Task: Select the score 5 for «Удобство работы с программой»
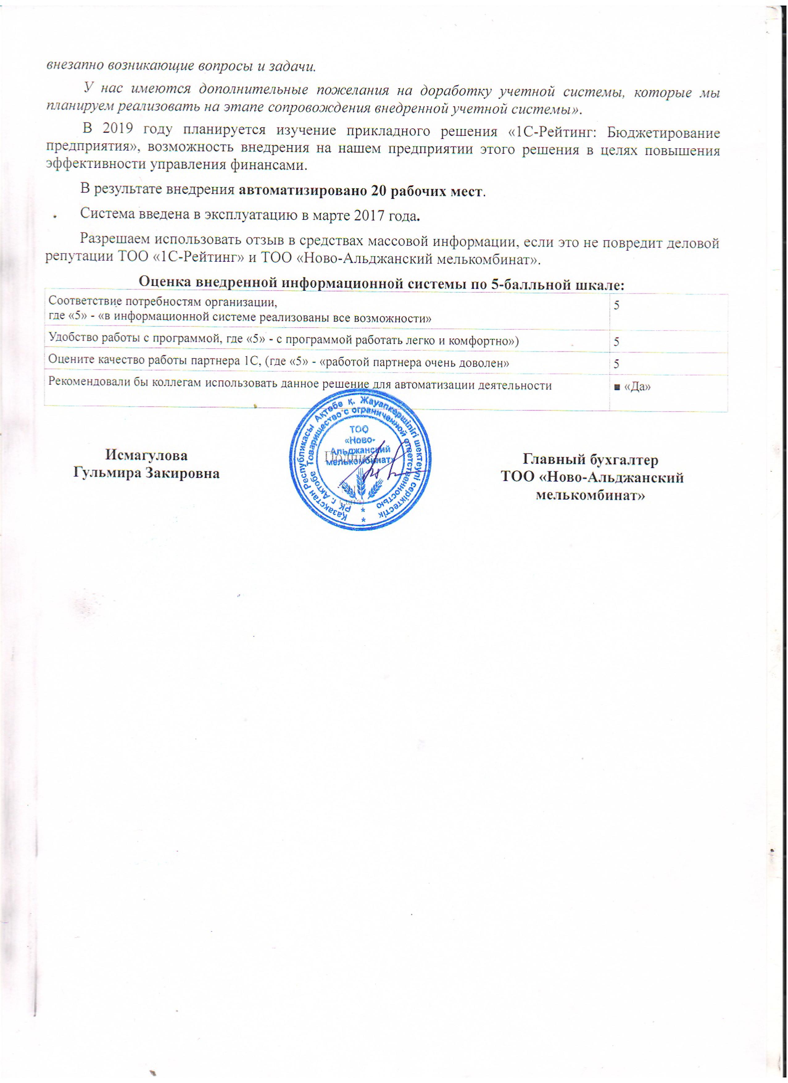coord(617,342)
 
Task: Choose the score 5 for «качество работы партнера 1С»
coord(617,364)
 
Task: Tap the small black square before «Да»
coord(617,387)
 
